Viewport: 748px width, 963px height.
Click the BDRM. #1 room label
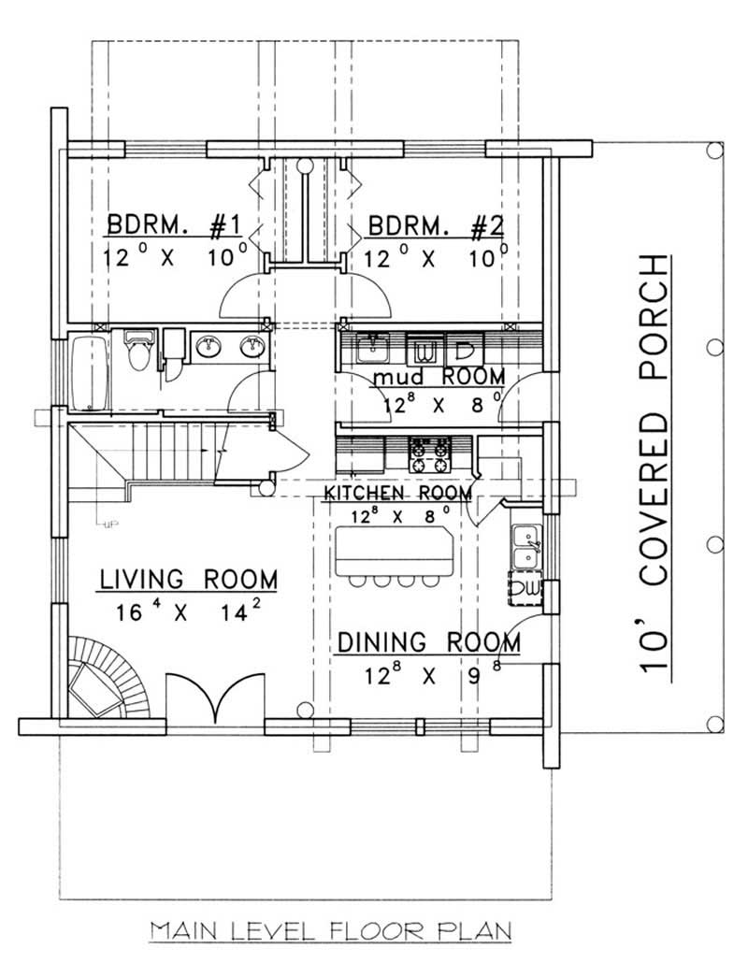pyautogui.click(x=175, y=225)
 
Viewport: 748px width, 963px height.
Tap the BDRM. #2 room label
pyautogui.click(x=436, y=225)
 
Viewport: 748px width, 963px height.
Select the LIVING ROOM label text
pyautogui.click(x=188, y=580)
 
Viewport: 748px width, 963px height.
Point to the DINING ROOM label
pyautogui.click(x=428, y=642)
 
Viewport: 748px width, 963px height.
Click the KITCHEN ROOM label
pyautogui.click(x=397, y=493)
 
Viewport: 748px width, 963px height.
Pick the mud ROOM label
pyautogui.click(x=438, y=377)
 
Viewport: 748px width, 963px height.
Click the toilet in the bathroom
pyautogui.click(x=139, y=350)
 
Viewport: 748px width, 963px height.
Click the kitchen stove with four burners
pyautogui.click(x=429, y=454)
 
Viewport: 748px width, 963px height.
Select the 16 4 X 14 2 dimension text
pyautogui.click(x=188, y=613)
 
